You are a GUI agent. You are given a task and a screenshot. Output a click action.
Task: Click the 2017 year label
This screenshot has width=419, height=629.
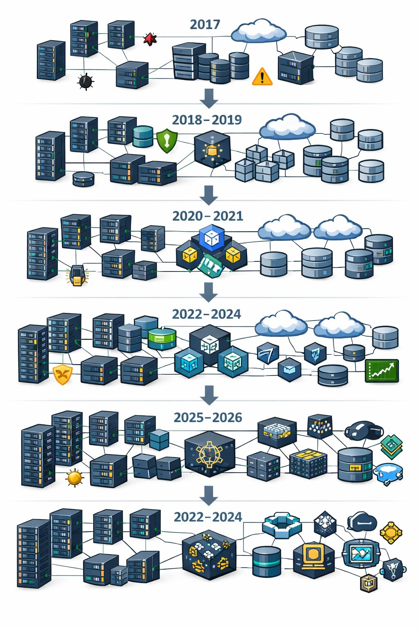coord(205,25)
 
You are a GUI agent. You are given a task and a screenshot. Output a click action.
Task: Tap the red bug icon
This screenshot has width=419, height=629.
coord(150,39)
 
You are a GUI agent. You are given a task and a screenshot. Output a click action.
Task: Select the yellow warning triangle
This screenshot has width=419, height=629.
coord(262,77)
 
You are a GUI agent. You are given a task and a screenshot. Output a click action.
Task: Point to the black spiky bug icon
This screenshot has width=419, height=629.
coord(86,81)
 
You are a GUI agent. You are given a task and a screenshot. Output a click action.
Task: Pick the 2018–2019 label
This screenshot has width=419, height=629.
coord(207,120)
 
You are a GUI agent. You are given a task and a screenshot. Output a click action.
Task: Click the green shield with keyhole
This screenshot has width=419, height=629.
coord(167,140)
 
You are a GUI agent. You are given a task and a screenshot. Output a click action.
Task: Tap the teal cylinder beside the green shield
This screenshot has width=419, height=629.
coord(143,136)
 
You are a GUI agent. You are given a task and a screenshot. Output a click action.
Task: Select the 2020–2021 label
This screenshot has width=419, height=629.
coord(207,216)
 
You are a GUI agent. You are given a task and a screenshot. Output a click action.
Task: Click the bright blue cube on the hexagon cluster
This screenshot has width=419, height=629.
coord(212,239)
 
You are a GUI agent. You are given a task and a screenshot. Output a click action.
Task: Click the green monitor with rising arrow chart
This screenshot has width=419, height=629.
coord(381,371)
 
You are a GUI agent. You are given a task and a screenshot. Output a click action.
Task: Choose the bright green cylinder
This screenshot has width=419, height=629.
coord(162,338)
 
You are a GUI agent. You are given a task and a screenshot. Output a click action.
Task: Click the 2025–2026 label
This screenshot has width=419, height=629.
coord(208,418)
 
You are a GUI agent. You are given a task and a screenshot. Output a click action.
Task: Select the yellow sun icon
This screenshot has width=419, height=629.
coord(74,478)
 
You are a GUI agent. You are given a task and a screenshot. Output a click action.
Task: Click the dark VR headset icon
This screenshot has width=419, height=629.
coord(363,431)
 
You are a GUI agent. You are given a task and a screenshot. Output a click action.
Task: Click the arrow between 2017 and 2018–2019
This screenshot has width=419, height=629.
coord(209,98)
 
